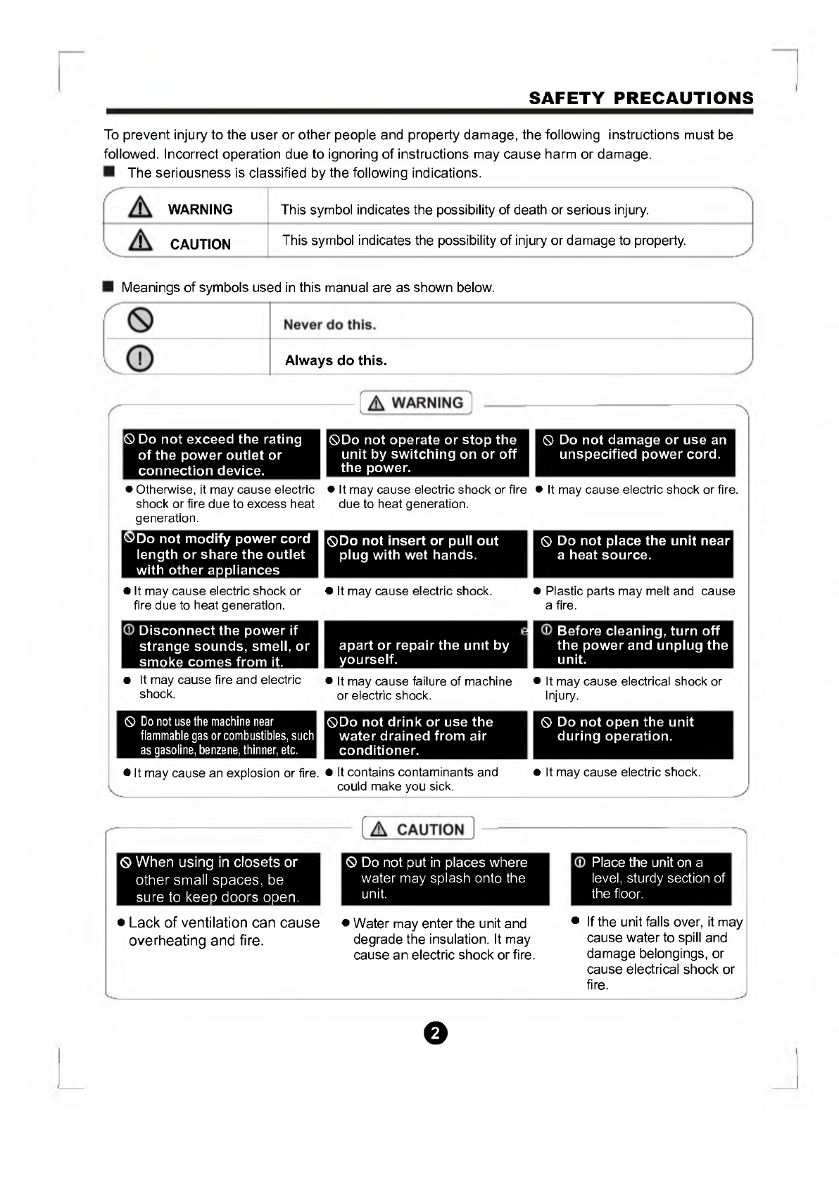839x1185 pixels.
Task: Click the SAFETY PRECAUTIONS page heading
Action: click(x=641, y=98)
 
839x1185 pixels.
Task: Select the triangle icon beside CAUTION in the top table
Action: click(x=141, y=241)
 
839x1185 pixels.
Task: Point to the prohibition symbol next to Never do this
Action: click(x=140, y=321)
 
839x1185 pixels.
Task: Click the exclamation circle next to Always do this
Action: click(x=140, y=358)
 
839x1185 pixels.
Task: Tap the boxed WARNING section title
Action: click(x=416, y=403)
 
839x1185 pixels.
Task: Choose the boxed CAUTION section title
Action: click(x=418, y=829)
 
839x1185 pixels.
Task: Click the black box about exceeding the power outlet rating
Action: click(x=221, y=455)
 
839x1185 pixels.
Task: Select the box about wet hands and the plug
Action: click(x=425, y=554)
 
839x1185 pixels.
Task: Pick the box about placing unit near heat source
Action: click(x=633, y=554)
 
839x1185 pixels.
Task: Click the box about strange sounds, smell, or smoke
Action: click(x=220, y=645)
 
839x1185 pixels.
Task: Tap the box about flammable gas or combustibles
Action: click(x=217, y=735)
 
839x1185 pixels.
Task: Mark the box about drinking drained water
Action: click(x=425, y=735)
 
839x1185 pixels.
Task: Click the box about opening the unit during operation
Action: click(x=633, y=735)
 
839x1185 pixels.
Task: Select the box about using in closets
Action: click(x=218, y=879)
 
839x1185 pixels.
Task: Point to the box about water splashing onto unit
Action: click(x=445, y=879)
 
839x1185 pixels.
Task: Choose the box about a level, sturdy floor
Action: click(x=650, y=879)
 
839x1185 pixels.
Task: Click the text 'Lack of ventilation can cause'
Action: click(x=224, y=923)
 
